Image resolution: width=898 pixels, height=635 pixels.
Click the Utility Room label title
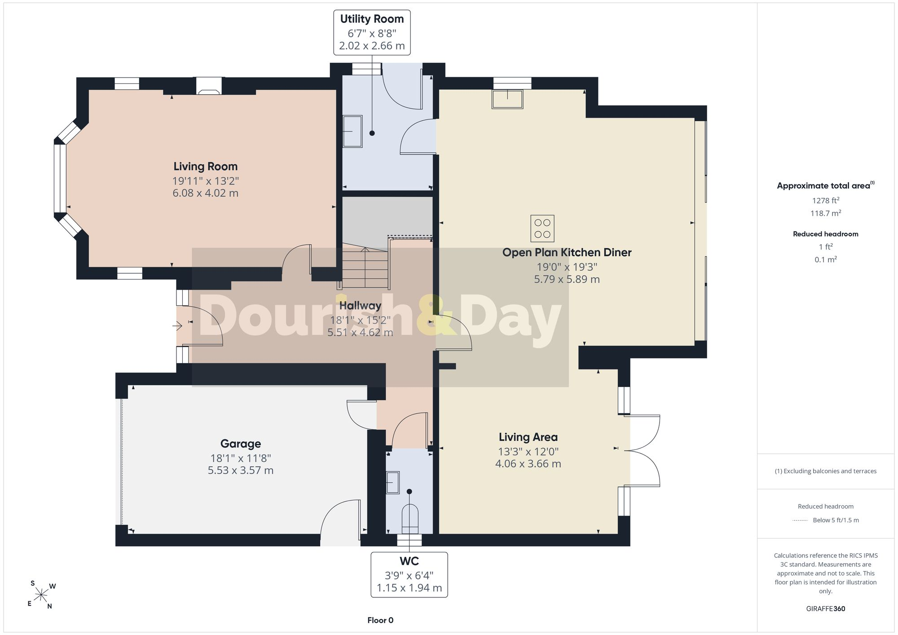point(372,19)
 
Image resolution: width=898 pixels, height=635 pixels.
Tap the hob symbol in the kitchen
point(542,228)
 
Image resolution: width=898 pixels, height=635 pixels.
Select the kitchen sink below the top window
point(507,99)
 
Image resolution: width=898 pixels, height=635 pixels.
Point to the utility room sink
point(352,131)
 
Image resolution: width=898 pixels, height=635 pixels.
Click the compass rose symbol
point(41,596)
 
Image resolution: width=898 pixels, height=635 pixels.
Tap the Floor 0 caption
point(380,620)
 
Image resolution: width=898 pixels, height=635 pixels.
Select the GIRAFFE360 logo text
point(825,609)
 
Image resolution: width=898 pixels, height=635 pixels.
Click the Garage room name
point(241,443)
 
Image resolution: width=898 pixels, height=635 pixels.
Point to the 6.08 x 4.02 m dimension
point(206,193)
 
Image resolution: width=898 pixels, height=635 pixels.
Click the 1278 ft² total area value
point(825,200)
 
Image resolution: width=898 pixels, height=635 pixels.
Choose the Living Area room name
point(528,437)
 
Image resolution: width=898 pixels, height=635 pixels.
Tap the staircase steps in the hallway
point(365,268)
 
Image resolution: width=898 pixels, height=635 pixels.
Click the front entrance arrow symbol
point(178,325)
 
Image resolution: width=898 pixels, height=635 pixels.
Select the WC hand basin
point(393,482)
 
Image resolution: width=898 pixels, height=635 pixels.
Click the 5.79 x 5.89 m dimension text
point(567,279)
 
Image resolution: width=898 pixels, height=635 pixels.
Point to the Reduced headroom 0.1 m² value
point(825,259)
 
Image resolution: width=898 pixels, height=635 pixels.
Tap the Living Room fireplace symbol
point(210,86)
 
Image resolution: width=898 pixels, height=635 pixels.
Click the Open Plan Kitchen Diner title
point(567,252)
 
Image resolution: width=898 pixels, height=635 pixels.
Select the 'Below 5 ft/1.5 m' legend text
point(836,520)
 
